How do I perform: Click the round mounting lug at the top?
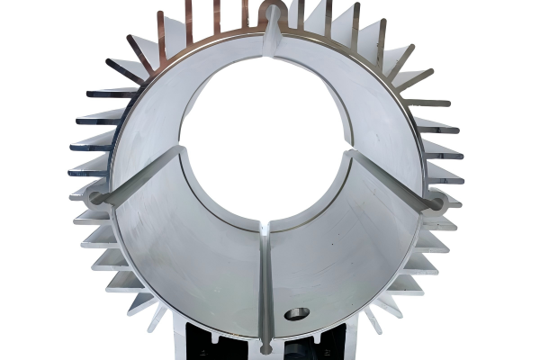(271, 13)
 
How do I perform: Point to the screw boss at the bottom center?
(266, 346)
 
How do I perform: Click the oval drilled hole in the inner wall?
(296, 313)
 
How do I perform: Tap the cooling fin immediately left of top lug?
(245, 13)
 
